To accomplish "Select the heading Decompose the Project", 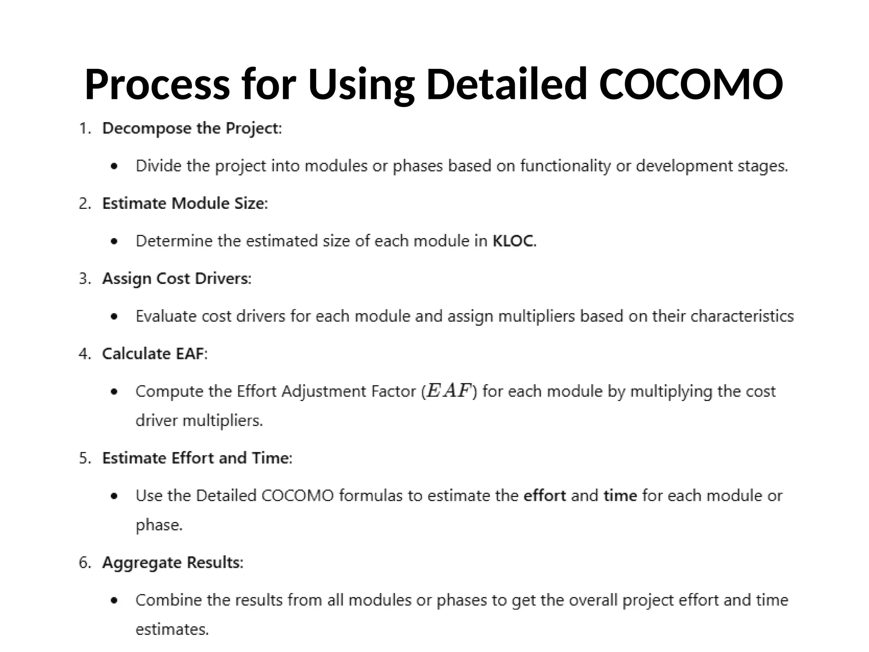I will point(191,128).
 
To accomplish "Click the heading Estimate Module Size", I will point(185,203).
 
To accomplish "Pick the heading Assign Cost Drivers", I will point(176,278).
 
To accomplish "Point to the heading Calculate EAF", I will point(154,354).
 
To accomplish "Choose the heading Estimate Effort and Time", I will point(196,458).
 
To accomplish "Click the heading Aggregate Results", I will point(172,562).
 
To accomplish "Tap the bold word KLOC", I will point(513,241).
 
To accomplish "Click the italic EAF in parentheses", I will point(449,391).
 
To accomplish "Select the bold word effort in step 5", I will point(545,496).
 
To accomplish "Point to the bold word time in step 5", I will point(620,496).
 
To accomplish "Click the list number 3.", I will point(85,279).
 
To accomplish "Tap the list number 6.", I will point(85,563).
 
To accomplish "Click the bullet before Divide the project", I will point(114,166).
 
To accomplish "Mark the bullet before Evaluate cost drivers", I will point(114,317).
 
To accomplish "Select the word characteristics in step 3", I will point(742,316).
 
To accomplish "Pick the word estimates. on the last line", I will point(172,629).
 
